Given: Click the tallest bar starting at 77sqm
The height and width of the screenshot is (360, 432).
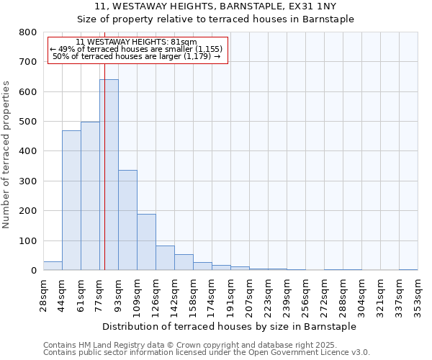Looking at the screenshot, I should point(109,175).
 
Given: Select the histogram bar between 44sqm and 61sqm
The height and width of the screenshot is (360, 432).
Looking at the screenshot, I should point(71,200).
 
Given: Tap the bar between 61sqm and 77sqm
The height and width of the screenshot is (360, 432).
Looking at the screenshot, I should point(90,196).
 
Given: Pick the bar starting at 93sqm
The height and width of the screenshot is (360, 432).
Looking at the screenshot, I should point(127,220).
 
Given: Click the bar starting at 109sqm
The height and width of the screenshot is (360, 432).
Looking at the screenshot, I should point(146,242).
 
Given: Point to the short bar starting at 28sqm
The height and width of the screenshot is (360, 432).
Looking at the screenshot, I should point(53,266).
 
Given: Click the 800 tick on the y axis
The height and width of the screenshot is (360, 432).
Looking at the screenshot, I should point(28,32).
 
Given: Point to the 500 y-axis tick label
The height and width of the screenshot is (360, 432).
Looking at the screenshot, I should point(28,122).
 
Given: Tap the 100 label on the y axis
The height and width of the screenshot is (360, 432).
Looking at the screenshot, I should point(28,240).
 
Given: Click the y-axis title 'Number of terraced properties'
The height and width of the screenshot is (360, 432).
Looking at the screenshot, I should point(6,155).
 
